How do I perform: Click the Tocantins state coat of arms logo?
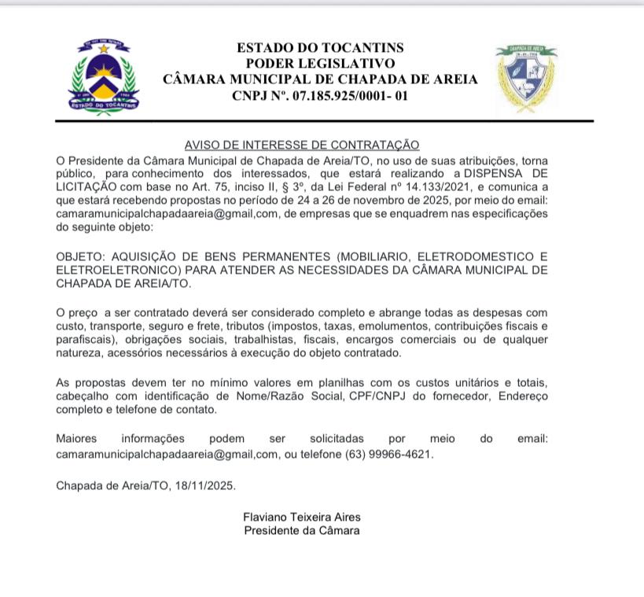coord(103,77)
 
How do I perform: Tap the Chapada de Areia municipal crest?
coord(526,77)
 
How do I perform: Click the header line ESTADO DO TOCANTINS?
coord(320,48)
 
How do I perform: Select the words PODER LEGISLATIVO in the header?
coord(320,64)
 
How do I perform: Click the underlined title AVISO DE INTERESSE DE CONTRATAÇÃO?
coord(302,145)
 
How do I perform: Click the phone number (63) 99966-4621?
coord(388,454)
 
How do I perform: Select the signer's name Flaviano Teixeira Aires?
coord(302,518)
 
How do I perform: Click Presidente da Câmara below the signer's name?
coord(302,531)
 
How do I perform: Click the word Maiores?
coord(78,438)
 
